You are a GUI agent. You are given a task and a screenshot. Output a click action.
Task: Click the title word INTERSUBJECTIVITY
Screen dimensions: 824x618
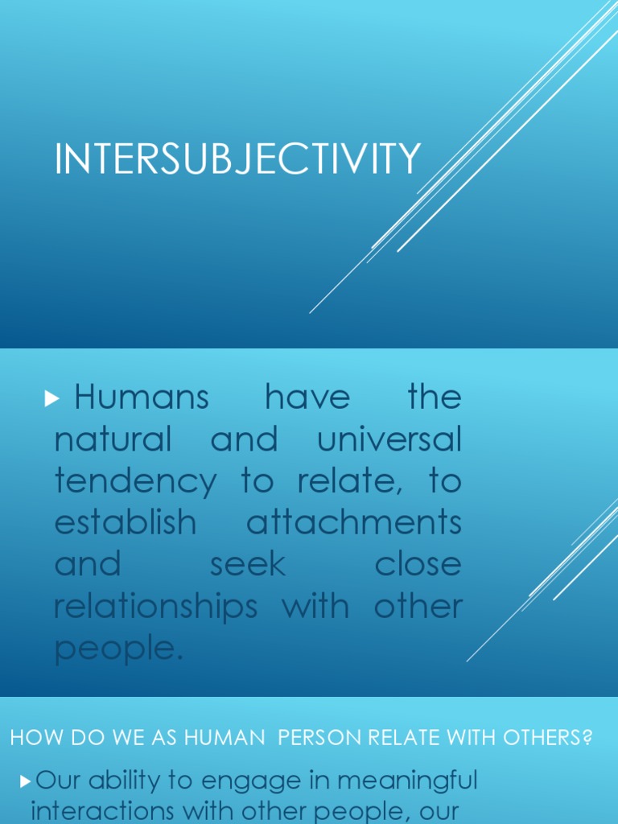[x=237, y=159]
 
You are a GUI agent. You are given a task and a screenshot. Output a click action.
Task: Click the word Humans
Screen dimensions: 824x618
[x=141, y=398]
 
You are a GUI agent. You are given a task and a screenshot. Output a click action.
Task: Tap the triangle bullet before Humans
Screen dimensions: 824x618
[x=54, y=398]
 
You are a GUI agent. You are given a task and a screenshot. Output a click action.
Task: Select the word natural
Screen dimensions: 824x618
[x=113, y=439]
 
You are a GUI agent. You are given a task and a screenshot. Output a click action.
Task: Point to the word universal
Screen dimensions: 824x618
[x=389, y=439]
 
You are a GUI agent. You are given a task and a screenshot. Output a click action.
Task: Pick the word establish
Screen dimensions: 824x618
[x=125, y=523]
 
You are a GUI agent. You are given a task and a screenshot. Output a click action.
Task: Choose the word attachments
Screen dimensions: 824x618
[x=354, y=523]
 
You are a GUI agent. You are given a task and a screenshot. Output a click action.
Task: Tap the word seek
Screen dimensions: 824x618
[x=248, y=565]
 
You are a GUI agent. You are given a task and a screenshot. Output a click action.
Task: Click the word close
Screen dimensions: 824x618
[x=418, y=565]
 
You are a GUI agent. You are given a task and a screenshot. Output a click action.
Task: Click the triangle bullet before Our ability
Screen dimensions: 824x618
[x=25, y=781]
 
